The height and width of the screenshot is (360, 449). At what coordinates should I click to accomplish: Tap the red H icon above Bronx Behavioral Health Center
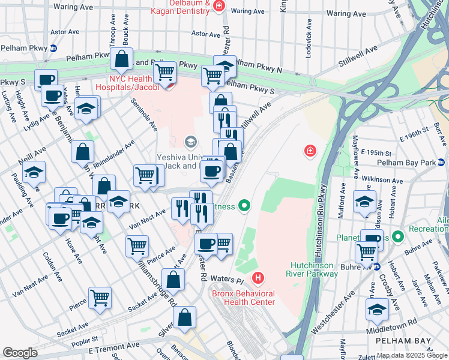click(258, 278)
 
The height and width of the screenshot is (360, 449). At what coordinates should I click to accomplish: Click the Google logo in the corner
click(20, 353)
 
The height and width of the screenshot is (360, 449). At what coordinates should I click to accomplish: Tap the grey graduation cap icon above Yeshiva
click(191, 142)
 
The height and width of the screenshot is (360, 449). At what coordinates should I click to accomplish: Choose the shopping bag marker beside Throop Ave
click(121, 59)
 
